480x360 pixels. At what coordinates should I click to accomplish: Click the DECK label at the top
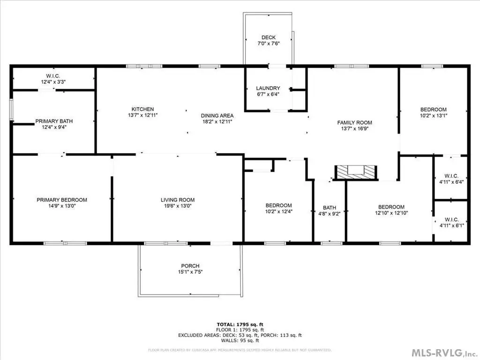click(269, 37)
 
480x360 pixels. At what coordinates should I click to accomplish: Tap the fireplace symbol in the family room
click(356, 172)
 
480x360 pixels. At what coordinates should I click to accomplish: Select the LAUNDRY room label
click(268, 88)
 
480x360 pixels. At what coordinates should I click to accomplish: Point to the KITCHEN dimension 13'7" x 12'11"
click(142, 115)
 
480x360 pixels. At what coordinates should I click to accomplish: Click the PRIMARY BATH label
click(54, 121)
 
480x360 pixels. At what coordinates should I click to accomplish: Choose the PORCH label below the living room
click(190, 266)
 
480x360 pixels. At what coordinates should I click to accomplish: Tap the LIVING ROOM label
click(178, 200)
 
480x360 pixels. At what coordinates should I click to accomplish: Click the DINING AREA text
click(217, 116)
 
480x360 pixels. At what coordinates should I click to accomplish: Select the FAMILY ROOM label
click(354, 123)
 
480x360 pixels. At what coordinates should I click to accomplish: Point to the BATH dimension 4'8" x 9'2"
click(330, 214)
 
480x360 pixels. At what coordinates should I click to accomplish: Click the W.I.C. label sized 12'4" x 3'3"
click(53, 76)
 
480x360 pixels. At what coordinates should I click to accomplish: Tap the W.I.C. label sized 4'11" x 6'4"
click(451, 176)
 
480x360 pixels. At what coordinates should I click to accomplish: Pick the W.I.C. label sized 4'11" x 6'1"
click(451, 220)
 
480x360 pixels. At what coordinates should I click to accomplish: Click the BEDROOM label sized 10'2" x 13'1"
click(433, 110)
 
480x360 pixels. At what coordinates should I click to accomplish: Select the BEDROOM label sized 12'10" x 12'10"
click(391, 207)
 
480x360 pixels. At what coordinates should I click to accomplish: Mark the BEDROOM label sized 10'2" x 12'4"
click(278, 205)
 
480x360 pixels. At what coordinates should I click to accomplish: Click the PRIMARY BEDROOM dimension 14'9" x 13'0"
click(61, 206)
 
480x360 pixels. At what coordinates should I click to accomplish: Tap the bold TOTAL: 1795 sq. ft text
click(240, 324)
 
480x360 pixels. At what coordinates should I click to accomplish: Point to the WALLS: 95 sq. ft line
click(240, 340)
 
